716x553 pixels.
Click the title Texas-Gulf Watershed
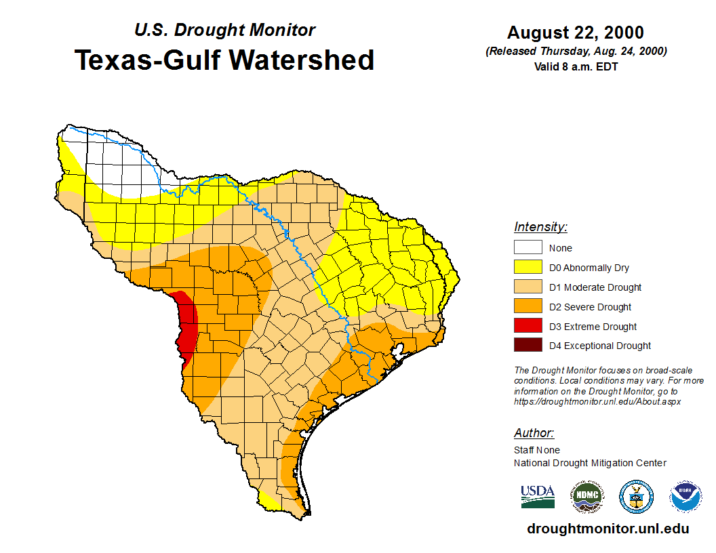click(224, 60)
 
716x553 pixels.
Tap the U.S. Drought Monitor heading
click(224, 30)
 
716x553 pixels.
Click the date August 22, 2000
click(576, 33)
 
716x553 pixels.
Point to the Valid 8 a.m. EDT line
click(576, 66)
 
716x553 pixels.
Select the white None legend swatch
click(528, 248)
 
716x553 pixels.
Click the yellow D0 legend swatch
click(528, 268)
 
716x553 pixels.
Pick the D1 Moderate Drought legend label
click(595, 287)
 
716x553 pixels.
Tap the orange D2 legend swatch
click(528, 307)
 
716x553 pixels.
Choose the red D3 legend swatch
click(528, 327)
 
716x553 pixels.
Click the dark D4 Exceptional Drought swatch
click(528, 346)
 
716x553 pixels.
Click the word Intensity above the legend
click(540, 227)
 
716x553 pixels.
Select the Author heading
click(534, 433)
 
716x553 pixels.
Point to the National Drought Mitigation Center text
click(590, 463)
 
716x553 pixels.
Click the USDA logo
click(538, 496)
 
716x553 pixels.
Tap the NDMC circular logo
click(586, 497)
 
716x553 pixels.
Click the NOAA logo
click(685, 497)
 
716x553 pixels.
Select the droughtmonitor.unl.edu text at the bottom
click(608, 529)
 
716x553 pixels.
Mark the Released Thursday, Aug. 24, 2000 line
click(576, 52)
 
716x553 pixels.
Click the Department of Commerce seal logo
click(636, 497)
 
